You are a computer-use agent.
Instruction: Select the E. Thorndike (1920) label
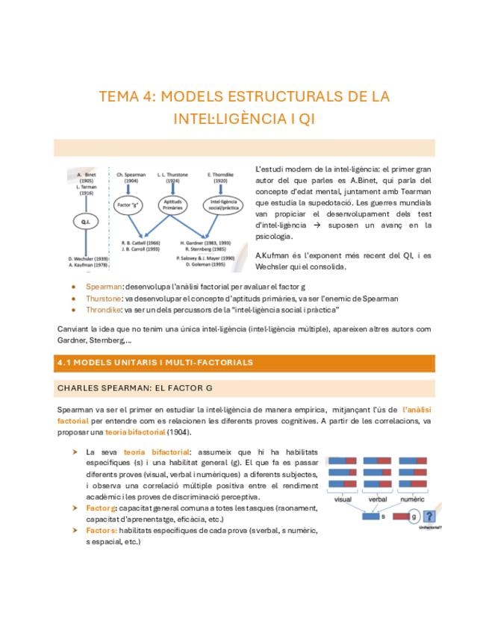(x=221, y=178)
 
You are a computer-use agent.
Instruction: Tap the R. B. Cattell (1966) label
(x=141, y=243)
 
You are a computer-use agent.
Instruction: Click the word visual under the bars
(x=343, y=499)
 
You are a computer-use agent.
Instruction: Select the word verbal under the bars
(x=378, y=499)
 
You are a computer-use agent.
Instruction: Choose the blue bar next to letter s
(x=369, y=516)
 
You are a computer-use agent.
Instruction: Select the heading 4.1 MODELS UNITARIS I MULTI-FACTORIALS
(x=155, y=363)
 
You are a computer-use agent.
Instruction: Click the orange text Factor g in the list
(x=102, y=508)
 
